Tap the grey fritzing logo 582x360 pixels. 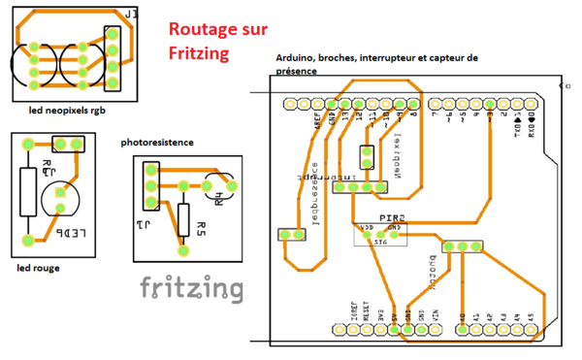tap(190, 287)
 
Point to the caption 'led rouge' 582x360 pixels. tap(38, 266)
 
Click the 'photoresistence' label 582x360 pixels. tap(157, 143)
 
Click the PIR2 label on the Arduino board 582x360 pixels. tap(390, 218)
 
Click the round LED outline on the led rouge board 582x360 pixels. tap(62, 201)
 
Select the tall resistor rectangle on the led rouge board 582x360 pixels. tap(28, 191)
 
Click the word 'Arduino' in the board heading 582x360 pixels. tap(297, 58)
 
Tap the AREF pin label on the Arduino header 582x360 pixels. tap(317, 122)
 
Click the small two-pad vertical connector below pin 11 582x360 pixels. tap(366, 157)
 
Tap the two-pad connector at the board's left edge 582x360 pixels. tap(290, 234)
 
